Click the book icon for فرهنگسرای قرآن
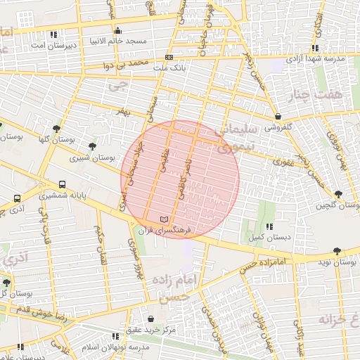pyautogui.click(x=165, y=220)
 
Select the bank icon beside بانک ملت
pyautogui.click(x=169, y=57)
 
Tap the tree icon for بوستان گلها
pyautogui.click(x=56, y=128)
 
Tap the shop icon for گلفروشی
pyautogui.click(x=279, y=117)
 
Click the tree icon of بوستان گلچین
pyautogui.click(x=339, y=194)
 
